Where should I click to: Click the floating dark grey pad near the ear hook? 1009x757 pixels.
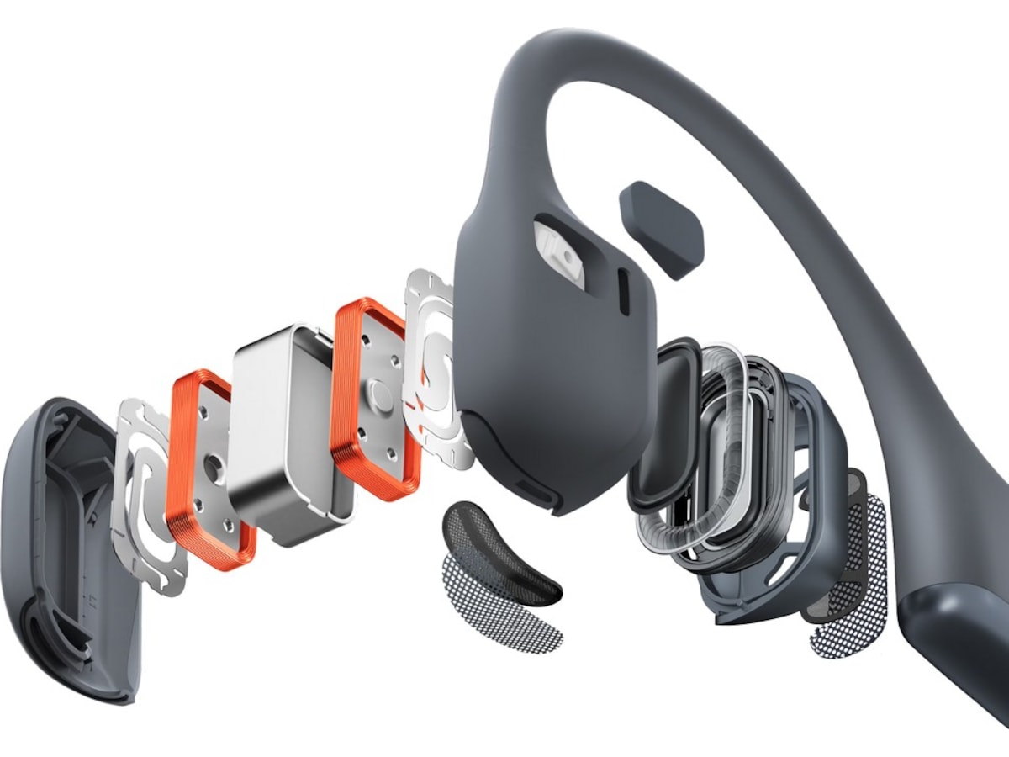(x=660, y=227)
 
